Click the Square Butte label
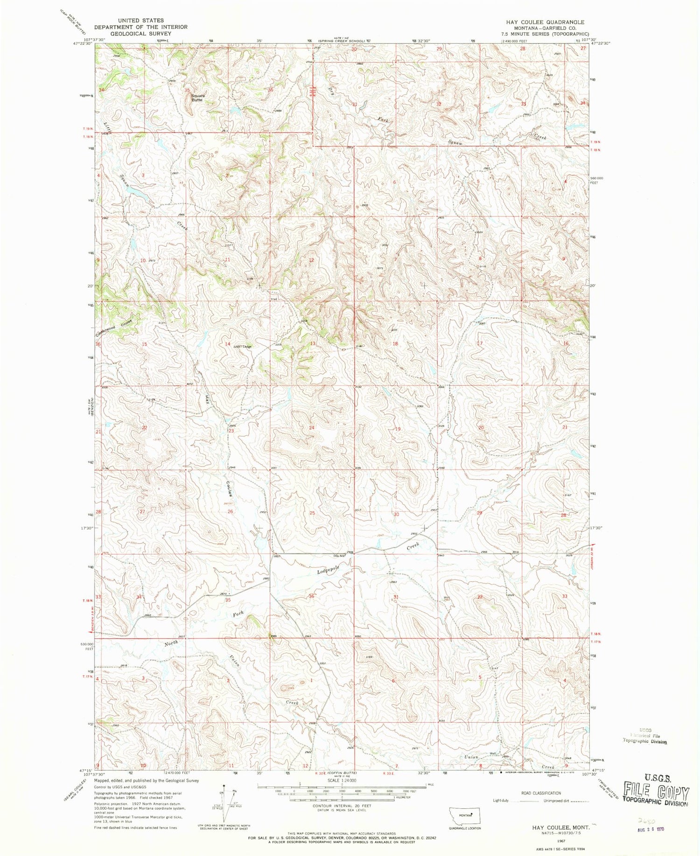coord(197,97)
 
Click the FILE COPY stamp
coord(657,793)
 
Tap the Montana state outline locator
coord(461,814)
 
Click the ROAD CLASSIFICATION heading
coord(541,793)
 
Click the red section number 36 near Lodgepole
coord(311,596)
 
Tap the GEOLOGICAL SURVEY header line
coord(140,33)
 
